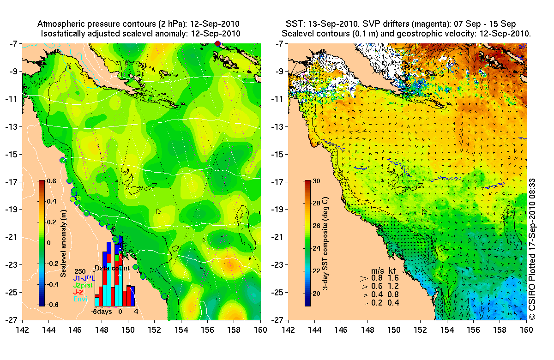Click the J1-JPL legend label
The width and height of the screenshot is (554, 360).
(84, 278)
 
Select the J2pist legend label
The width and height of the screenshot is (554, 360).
(84, 285)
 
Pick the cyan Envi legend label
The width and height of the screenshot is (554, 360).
(80, 299)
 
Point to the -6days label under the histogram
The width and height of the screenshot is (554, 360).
(100, 312)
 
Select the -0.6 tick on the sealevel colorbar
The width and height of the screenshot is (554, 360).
(49, 305)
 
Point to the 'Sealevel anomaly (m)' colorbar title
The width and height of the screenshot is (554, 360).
(63, 243)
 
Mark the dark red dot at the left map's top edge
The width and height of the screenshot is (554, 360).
(218, 43)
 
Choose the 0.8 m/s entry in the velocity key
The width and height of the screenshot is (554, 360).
(378, 278)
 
